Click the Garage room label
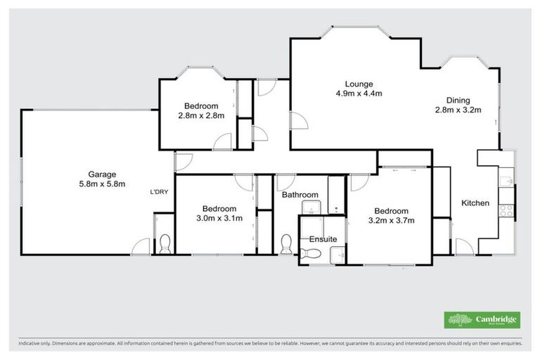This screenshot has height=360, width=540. [101, 174]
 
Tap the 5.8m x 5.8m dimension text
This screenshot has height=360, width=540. [101, 184]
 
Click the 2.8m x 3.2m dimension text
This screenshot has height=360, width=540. [458, 110]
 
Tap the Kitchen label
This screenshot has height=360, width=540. [475, 203]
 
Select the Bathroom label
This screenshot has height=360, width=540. [300, 195]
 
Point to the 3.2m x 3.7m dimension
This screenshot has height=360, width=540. [391, 221]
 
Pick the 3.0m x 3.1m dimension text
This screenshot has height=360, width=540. [219, 218]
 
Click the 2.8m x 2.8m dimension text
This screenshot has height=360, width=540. [200, 116]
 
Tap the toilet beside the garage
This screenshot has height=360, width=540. [165, 244]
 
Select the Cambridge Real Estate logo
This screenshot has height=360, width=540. [482, 320]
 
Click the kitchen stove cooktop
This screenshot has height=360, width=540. [506, 208]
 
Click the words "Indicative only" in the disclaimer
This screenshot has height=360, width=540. [35, 345]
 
